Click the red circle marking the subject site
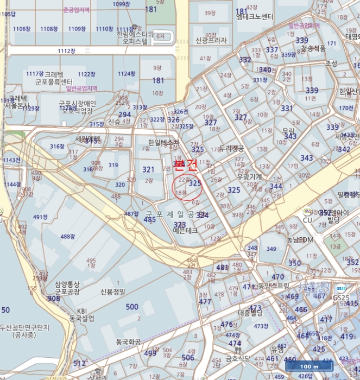pos(187,188)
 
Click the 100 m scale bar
pos(309,366)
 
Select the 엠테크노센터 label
pos(255,17)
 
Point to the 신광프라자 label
pos(211,41)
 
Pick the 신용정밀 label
pos(113,292)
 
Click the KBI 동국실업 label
pos(81,315)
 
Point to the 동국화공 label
pos(128,342)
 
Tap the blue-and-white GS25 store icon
pos(340,289)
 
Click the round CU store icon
pos(307,211)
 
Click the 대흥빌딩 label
pos(250,313)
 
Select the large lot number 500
pos(132,307)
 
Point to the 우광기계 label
pos(249,177)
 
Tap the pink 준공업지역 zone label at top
pos(76,10)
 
